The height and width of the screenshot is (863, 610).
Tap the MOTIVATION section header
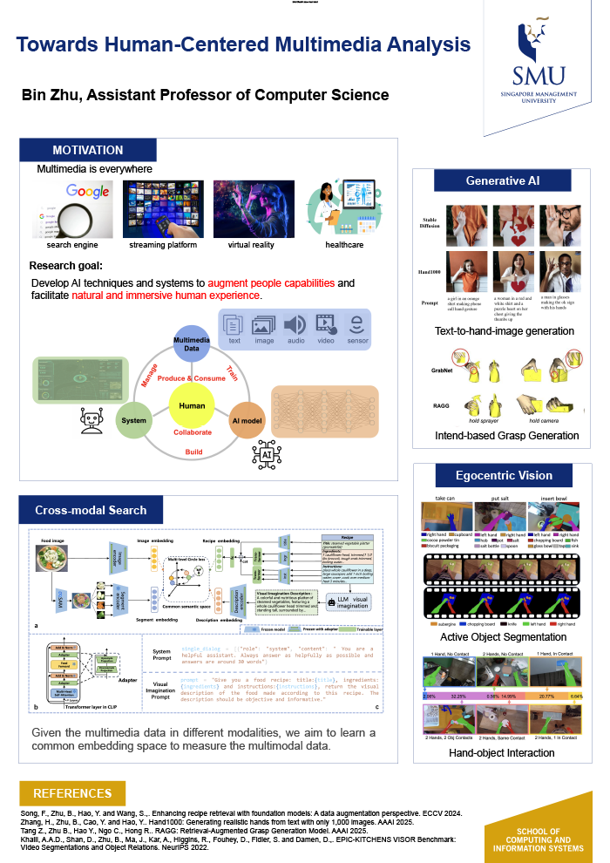(88, 150)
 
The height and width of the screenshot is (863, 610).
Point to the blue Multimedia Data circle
(192, 340)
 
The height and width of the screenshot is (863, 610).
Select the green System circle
(133, 419)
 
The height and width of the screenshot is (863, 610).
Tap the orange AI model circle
(247, 419)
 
